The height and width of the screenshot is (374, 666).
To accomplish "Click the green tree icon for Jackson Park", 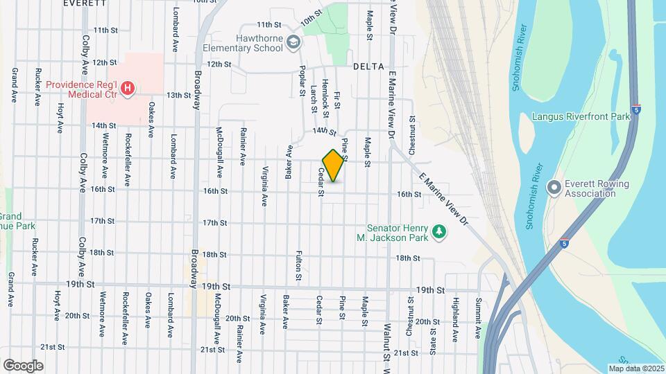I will [438, 231].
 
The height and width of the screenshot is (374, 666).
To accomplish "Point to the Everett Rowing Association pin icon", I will [554, 188].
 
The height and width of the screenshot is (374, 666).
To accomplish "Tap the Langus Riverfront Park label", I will [581, 116].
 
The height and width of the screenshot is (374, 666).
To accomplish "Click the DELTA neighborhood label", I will [368, 66].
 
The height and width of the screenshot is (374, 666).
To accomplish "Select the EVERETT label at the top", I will [85, 3].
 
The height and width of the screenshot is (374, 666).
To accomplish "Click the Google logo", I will [23, 366].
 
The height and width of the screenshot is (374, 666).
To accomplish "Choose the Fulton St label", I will [299, 265].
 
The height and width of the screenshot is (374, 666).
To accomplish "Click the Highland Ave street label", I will [455, 320].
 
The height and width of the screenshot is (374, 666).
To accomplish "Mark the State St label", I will [432, 341].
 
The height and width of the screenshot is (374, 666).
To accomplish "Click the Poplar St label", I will [302, 80].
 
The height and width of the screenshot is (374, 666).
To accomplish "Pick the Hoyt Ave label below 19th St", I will [58, 304].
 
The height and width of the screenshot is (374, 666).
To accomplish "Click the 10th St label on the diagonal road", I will [312, 21].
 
